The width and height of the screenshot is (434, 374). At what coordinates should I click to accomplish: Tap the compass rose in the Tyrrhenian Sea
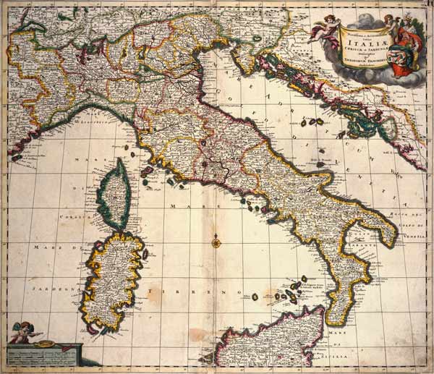tap(216, 242)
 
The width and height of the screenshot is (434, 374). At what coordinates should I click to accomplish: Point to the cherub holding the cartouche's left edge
tap(318, 28)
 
